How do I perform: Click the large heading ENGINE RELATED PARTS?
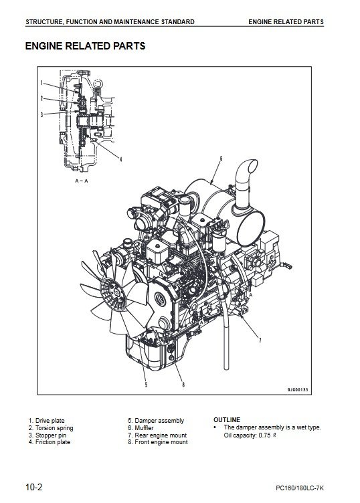click(85, 46)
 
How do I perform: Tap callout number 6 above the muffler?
click(221, 158)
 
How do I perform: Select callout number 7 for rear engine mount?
click(260, 340)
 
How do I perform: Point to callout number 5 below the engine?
click(146, 385)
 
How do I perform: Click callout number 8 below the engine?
click(183, 385)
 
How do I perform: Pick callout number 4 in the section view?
click(120, 159)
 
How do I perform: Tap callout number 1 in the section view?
click(41, 83)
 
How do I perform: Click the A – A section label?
click(82, 181)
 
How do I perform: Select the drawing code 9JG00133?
click(297, 389)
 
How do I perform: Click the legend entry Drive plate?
click(50, 421)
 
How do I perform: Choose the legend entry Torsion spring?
click(54, 428)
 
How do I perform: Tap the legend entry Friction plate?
click(53, 442)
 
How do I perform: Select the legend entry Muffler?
click(144, 428)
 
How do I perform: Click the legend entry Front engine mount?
click(161, 442)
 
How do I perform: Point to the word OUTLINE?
click(227, 419)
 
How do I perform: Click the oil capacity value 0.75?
click(264, 435)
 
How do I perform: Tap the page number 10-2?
click(33, 488)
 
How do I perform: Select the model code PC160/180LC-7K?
click(300, 488)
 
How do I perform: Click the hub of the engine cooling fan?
click(112, 294)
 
